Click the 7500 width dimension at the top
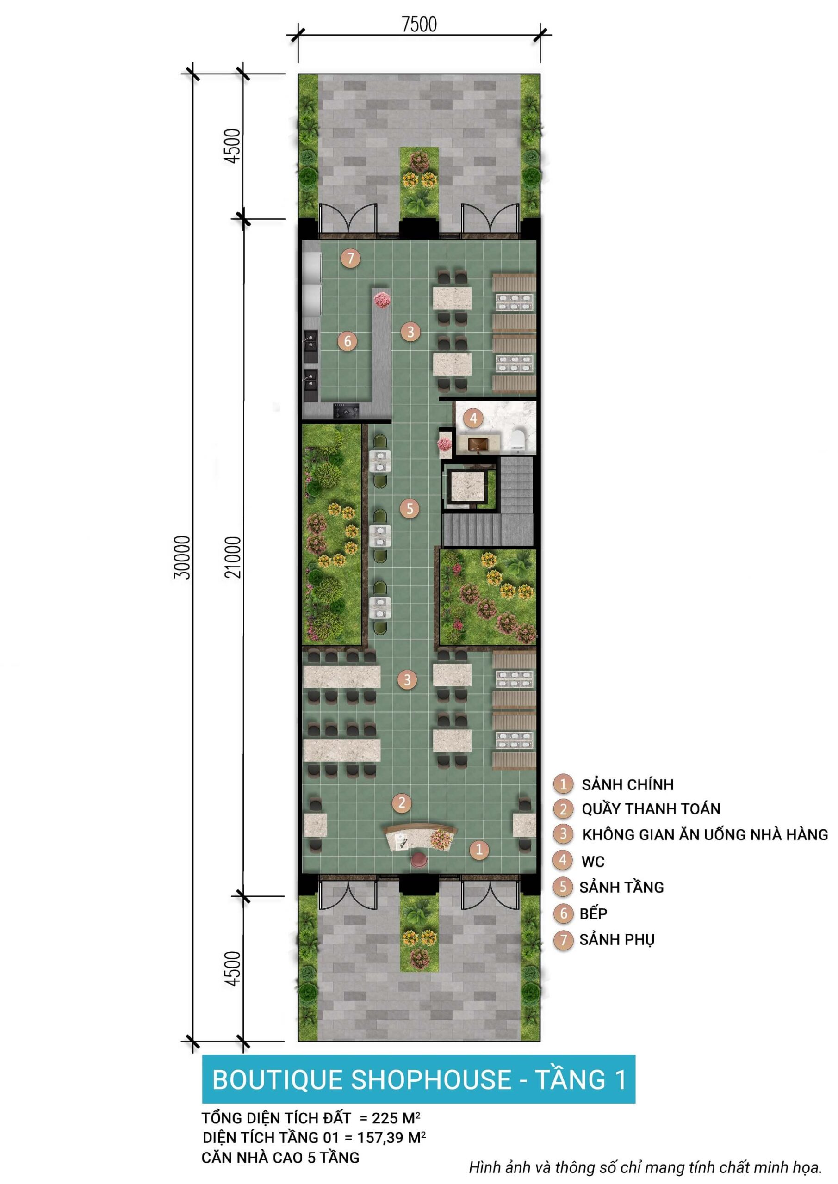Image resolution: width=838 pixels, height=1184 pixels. point(419,24)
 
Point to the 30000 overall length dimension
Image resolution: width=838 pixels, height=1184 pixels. point(182,557)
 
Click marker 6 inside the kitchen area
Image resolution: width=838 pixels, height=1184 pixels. point(347,341)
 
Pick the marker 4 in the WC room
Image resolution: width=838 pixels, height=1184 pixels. point(473,418)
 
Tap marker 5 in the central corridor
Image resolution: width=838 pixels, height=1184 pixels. point(410,509)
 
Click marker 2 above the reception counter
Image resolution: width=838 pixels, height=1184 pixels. point(402,802)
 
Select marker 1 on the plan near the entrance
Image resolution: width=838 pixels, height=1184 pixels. point(479,849)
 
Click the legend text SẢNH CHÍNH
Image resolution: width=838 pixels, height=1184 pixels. point(627,784)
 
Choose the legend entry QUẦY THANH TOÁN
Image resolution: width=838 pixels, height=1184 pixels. point(651,809)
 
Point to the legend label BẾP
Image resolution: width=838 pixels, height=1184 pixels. point(593,913)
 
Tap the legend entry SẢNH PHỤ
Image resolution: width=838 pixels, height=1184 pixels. point(617,939)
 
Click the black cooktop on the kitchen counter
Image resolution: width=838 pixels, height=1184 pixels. point(346,411)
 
